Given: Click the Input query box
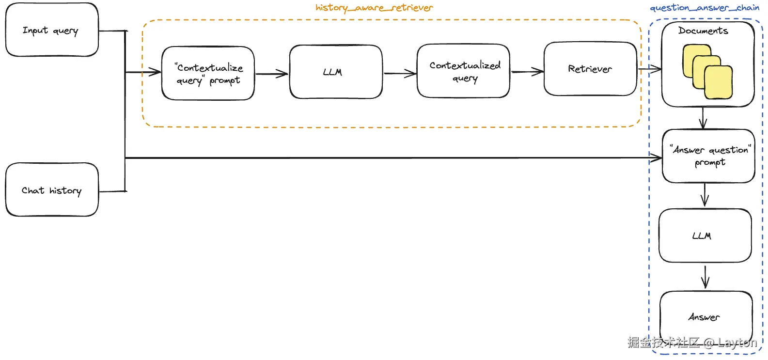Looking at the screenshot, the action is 52,30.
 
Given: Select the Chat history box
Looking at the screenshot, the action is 52,189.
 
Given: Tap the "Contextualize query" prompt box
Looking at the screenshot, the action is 208,73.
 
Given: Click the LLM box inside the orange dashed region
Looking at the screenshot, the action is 336,72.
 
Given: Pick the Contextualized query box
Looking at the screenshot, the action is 464,71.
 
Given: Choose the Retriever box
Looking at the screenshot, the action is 590,69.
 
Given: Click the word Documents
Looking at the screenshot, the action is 703,31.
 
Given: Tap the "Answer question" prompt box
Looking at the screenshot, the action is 709,156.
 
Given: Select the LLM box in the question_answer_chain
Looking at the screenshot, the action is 705,235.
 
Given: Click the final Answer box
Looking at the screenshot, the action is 706,317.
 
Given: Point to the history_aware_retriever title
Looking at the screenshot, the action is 375,8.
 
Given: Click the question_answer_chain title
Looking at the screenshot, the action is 705,8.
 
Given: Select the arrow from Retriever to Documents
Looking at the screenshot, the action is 650,69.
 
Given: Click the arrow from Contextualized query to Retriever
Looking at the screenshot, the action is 527,72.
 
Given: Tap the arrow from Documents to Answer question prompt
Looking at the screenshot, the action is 703,118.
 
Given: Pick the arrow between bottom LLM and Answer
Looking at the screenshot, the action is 705,277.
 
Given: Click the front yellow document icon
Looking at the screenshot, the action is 718,82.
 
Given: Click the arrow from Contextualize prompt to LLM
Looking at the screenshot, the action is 272,74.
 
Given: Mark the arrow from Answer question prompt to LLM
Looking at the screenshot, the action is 705,195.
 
